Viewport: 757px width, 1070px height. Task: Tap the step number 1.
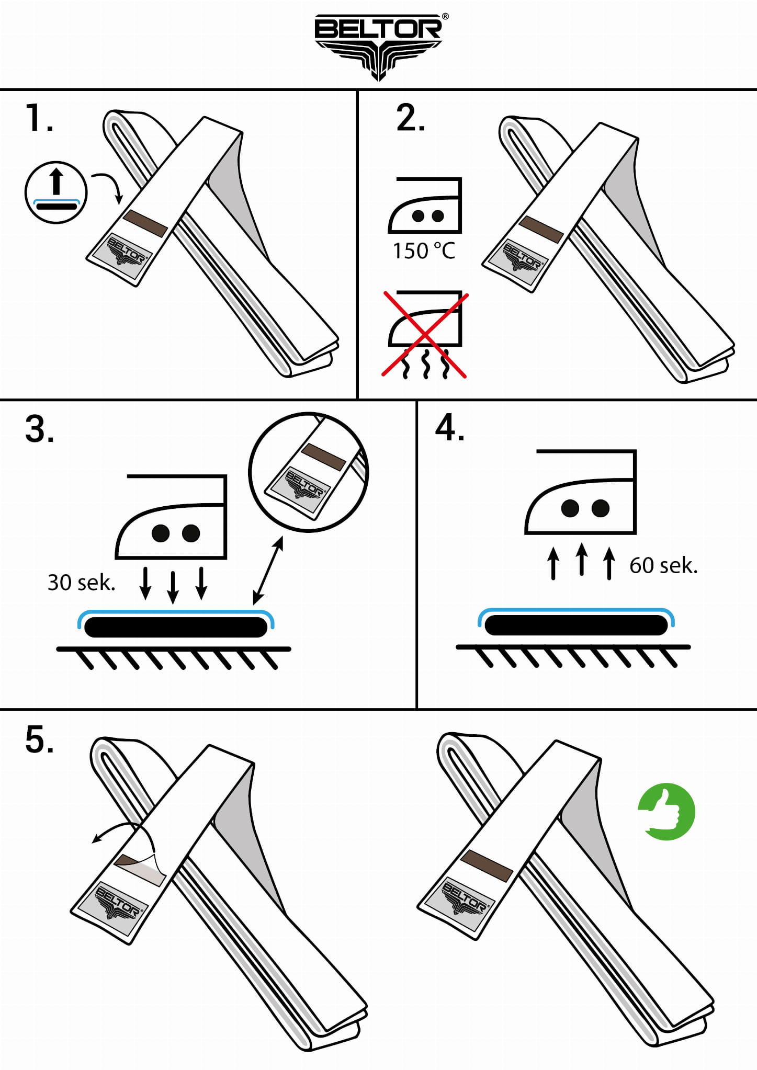(39, 118)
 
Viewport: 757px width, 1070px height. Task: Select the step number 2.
(411, 118)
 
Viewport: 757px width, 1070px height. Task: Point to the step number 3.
(40, 429)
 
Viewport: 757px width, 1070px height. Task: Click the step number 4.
(450, 428)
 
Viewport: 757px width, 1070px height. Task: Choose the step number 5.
(40, 740)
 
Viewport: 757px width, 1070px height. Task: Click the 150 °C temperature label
(424, 251)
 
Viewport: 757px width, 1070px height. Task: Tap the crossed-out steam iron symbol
(425, 334)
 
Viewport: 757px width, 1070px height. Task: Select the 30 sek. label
(82, 583)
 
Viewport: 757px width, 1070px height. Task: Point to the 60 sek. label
(663, 565)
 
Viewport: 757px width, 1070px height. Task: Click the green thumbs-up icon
(666, 812)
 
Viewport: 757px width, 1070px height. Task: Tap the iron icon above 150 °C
(425, 205)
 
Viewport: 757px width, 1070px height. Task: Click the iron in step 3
(172, 517)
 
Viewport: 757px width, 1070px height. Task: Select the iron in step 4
(581, 492)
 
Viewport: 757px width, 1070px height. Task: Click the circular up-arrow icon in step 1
(56, 192)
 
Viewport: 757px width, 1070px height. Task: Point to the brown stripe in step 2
(541, 230)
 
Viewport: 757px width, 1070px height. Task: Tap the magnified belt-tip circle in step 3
(308, 472)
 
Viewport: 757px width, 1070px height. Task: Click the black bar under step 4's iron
(576, 625)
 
